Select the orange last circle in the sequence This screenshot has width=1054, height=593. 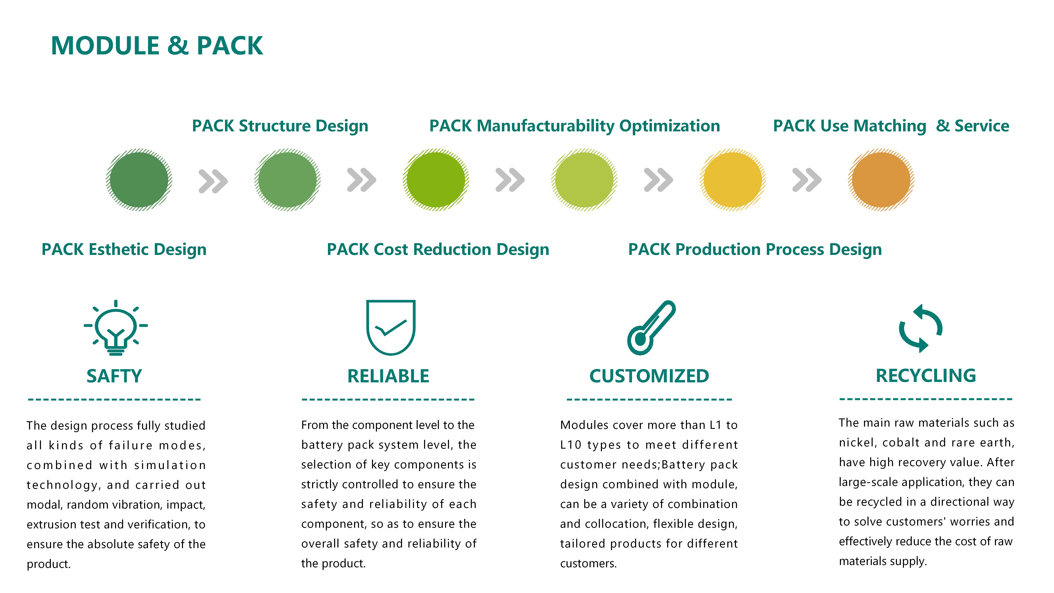(881, 180)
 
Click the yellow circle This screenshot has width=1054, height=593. (732, 180)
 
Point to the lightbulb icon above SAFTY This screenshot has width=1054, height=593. (116, 327)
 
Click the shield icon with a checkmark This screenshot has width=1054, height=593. (391, 327)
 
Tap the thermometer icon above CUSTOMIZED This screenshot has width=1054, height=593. (651, 327)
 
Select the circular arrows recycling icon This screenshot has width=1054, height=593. (921, 328)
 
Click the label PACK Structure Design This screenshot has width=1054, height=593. (280, 126)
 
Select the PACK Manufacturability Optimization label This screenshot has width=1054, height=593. (575, 126)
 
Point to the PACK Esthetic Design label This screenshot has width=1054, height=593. (124, 249)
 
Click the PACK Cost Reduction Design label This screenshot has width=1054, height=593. (438, 249)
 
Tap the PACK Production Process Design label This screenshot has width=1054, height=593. (755, 249)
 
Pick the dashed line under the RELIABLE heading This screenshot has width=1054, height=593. (388, 399)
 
